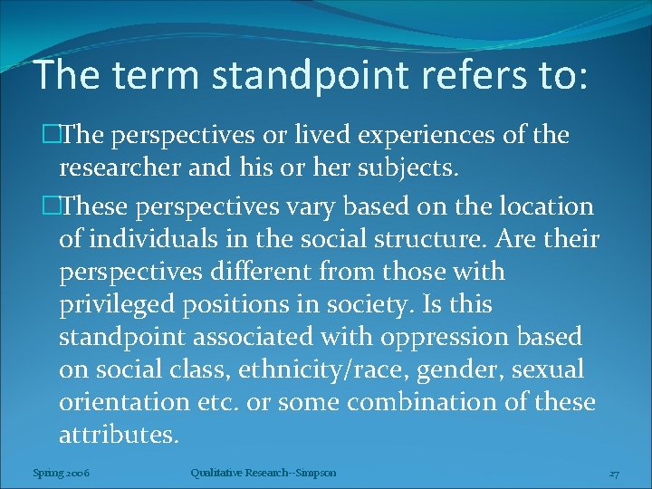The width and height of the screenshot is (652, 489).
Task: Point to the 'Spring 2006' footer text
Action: (61, 472)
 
